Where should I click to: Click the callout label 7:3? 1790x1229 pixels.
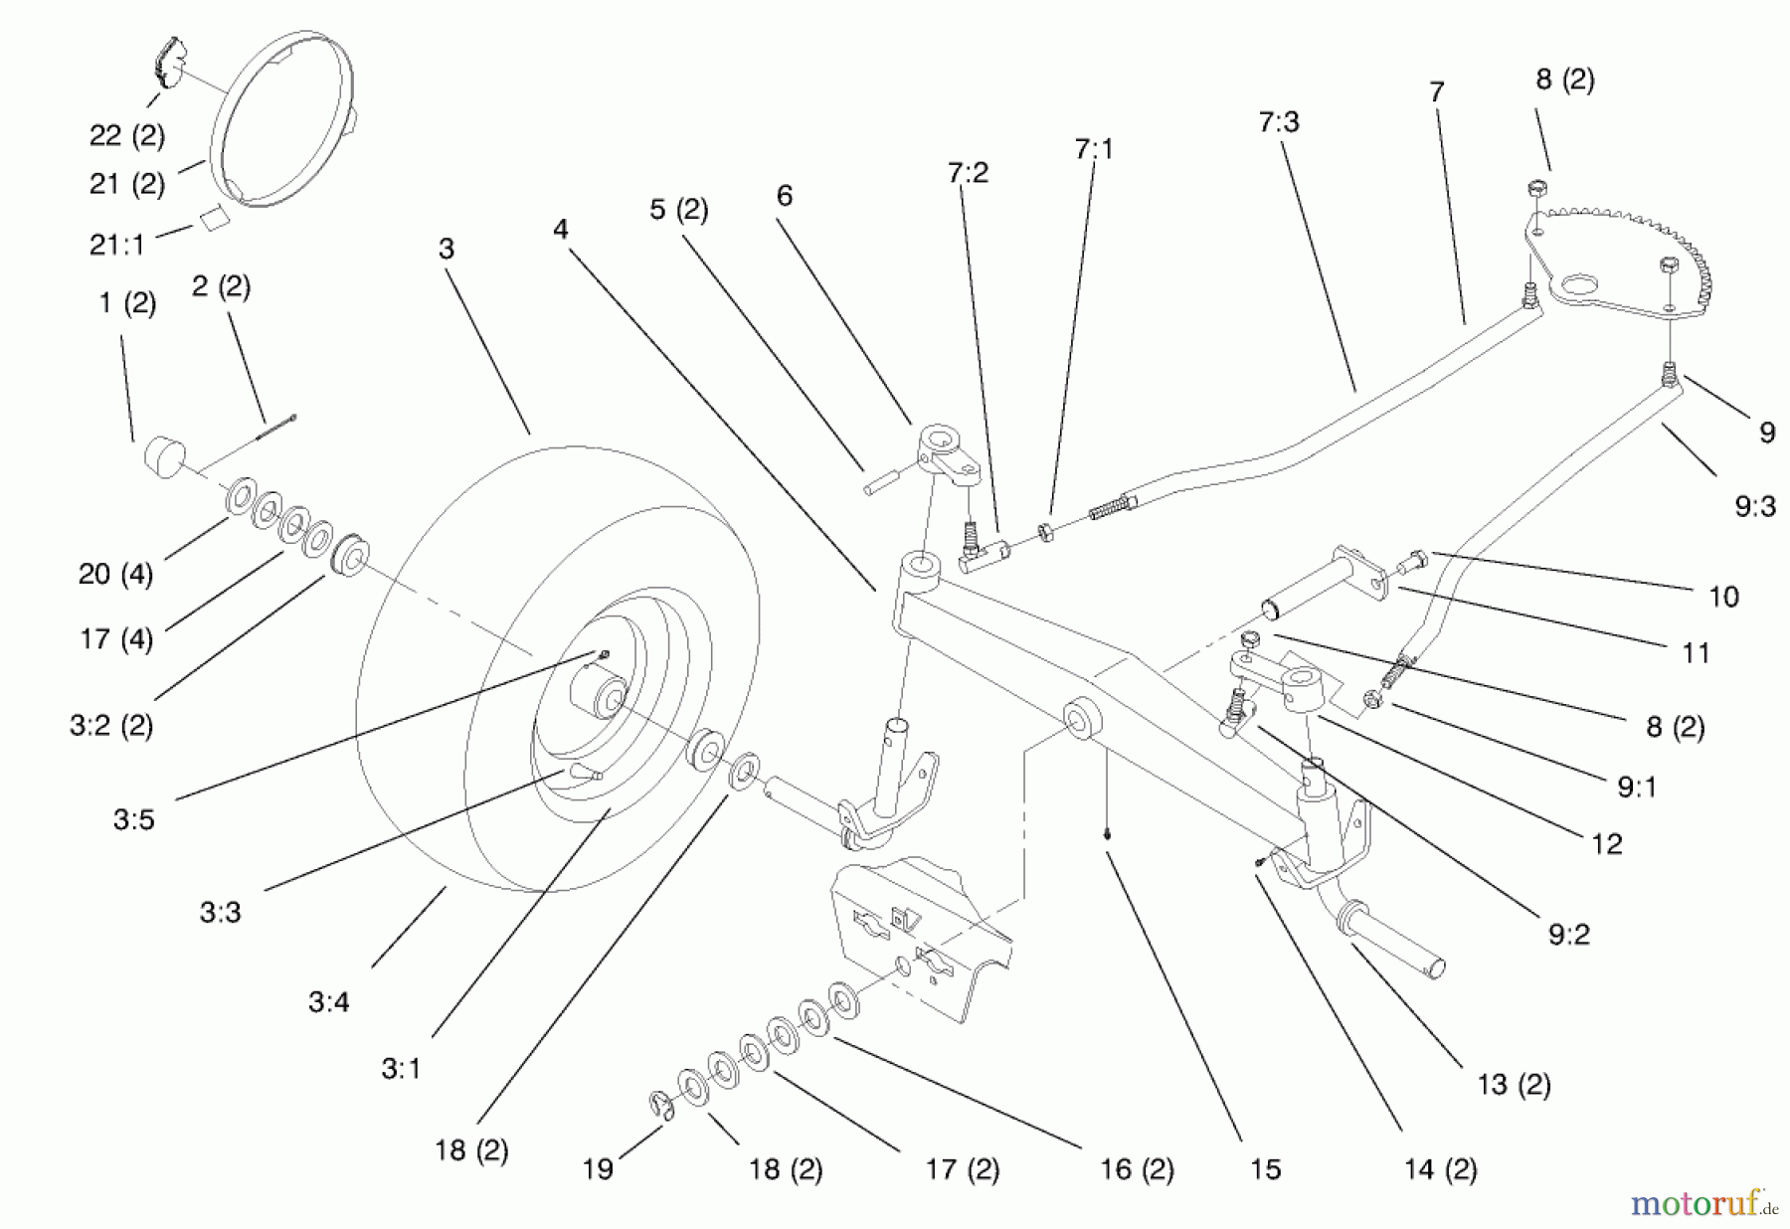[1279, 123]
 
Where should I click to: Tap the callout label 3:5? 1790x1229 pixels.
[133, 820]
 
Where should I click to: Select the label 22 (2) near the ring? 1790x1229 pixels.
[127, 135]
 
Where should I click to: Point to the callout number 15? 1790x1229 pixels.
[1265, 1169]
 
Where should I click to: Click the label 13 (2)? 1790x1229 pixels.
[1514, 1084]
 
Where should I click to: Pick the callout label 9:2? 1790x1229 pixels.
[1568, 935]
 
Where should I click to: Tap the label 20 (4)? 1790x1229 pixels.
[116, 574]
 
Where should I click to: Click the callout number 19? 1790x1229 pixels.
[598, 1169]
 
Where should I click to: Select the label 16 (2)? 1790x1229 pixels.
[1137, 1169]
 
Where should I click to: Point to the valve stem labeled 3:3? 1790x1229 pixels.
[585, 773]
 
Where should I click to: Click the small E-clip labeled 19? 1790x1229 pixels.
[660, 1105]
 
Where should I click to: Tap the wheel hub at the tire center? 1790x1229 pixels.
[597, 693]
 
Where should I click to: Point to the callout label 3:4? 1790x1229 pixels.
[328, 1002]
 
